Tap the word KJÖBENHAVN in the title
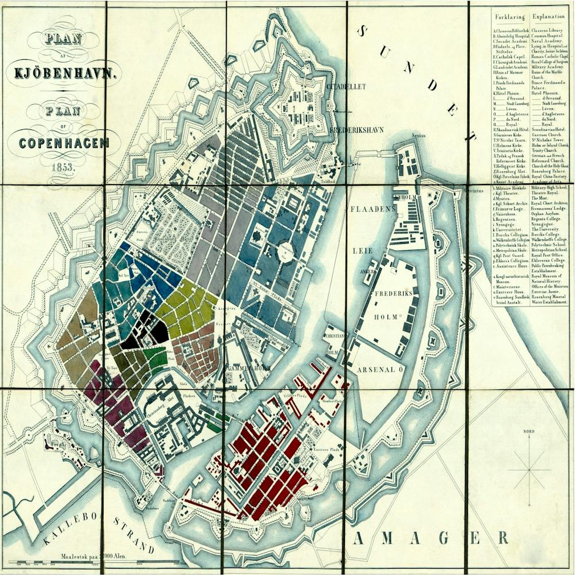coord(66,73)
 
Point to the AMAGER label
coord(432,538)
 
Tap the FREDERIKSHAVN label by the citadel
coord(358,130)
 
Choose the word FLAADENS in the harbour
coord(374,209)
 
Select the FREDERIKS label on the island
coord(394,293)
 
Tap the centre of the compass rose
coord(529,471)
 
